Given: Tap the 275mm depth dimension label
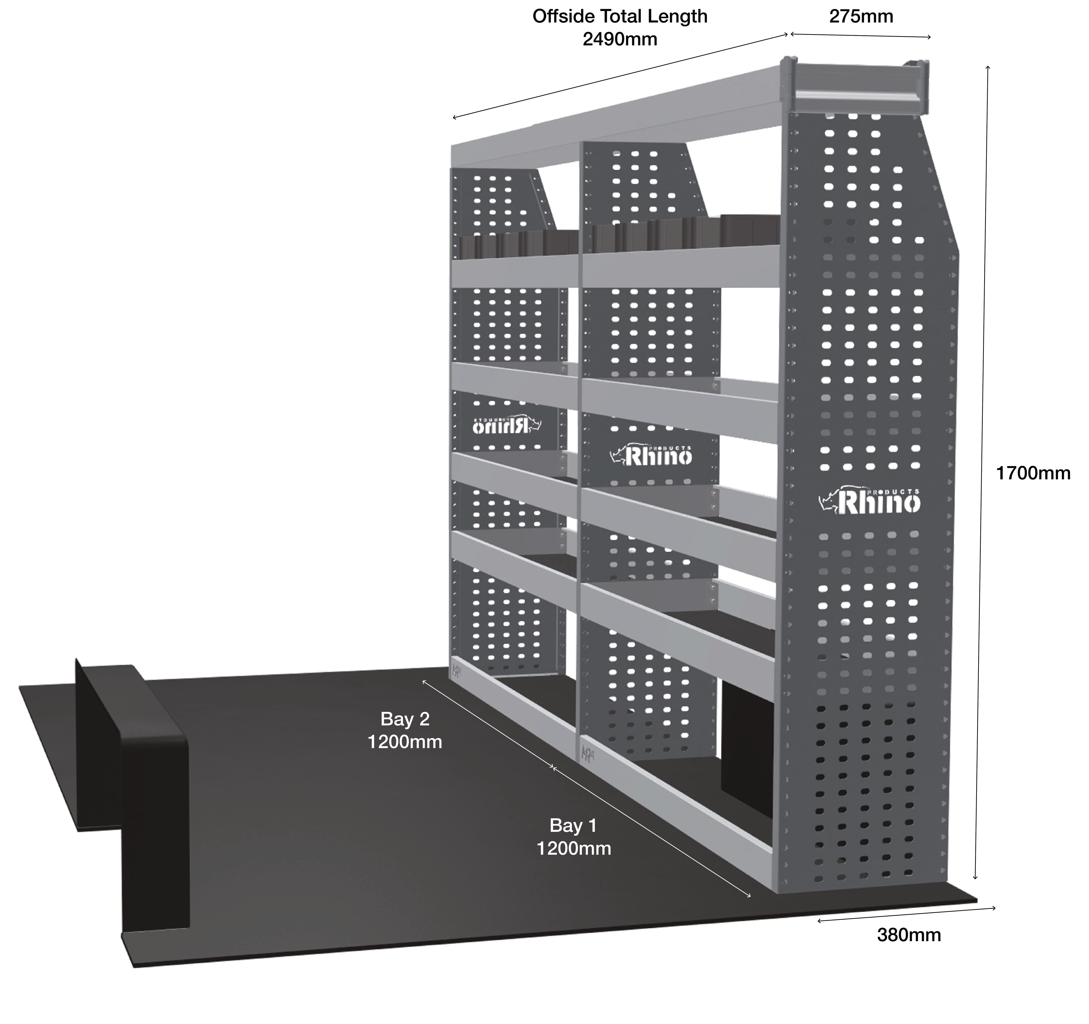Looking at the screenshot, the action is point(861,16).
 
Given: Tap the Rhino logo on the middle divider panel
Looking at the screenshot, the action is point(651,454).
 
